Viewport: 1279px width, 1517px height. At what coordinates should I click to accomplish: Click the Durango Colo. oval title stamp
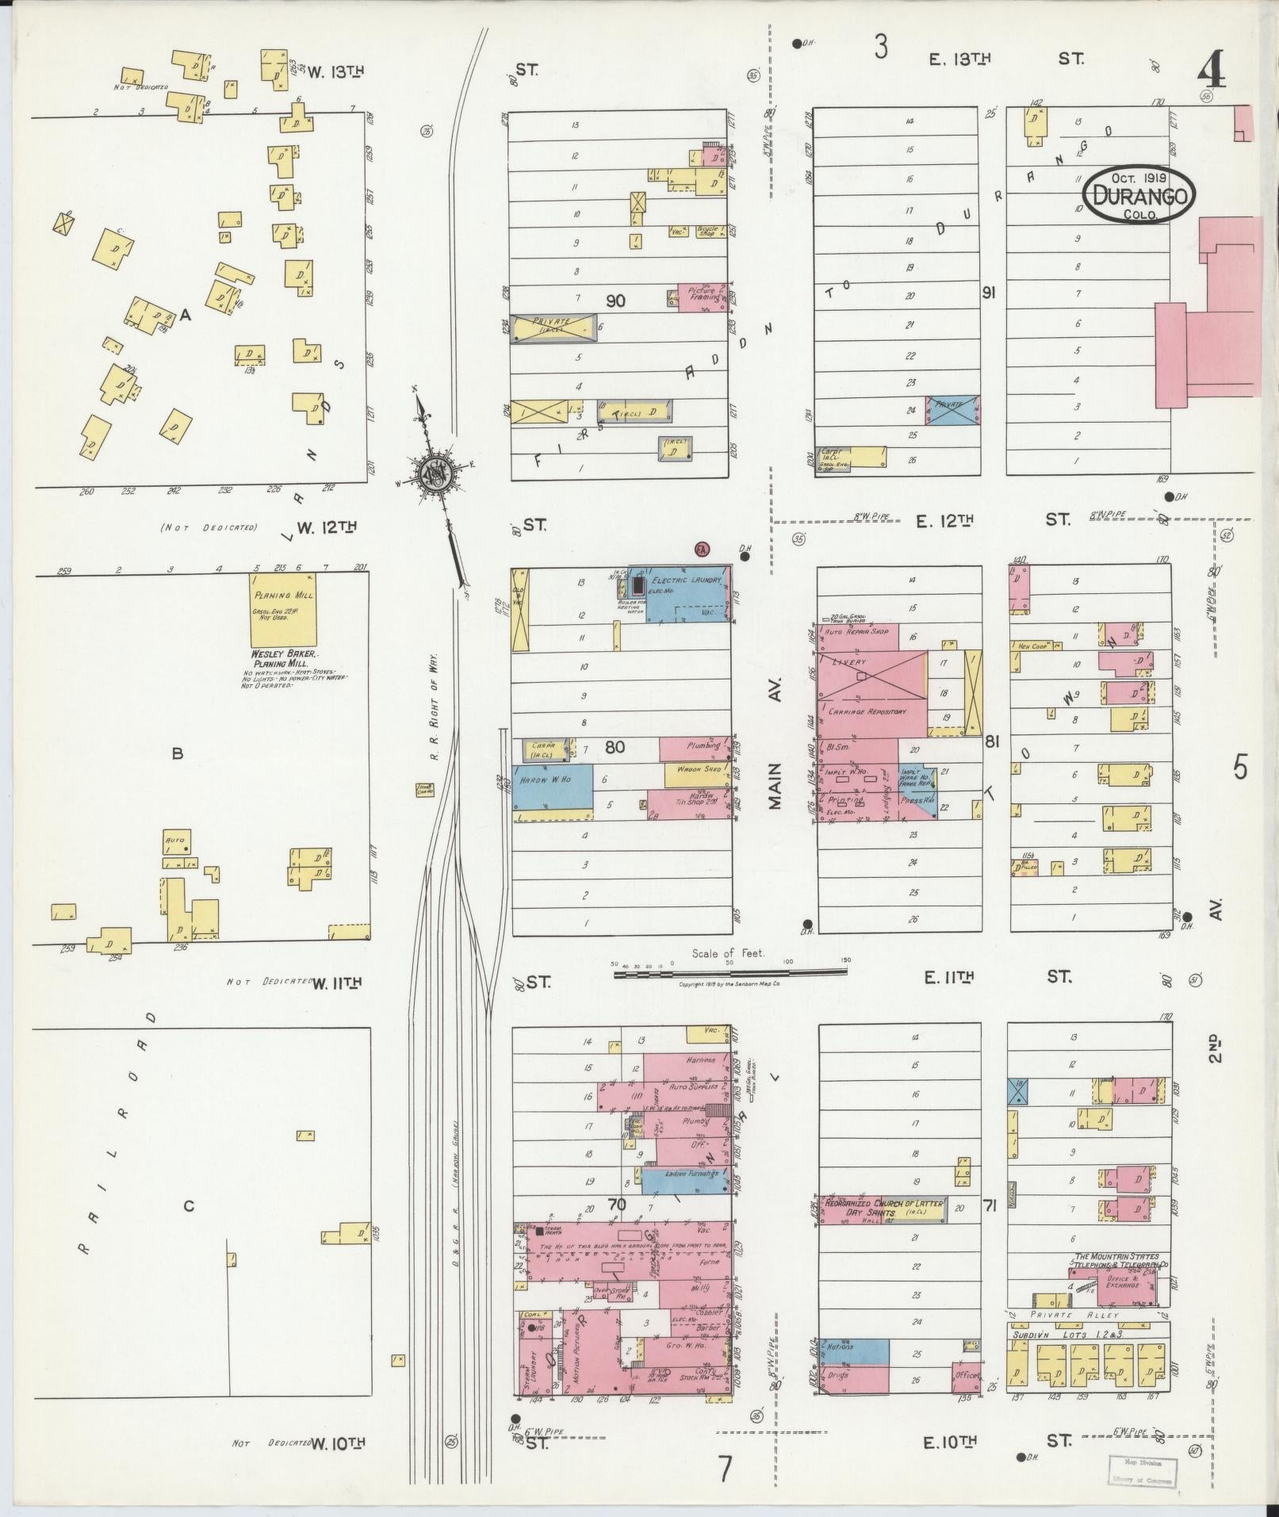coord(1139,193)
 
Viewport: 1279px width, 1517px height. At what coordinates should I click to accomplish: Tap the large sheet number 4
coord(1211,73)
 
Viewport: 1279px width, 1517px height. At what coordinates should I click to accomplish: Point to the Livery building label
coord(849,662)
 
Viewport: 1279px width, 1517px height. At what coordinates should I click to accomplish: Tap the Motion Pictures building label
coord(576,1358)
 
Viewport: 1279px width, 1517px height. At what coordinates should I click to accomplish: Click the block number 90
coord(615,301)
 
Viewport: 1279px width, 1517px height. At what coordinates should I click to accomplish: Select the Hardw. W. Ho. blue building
coord(553,787)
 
